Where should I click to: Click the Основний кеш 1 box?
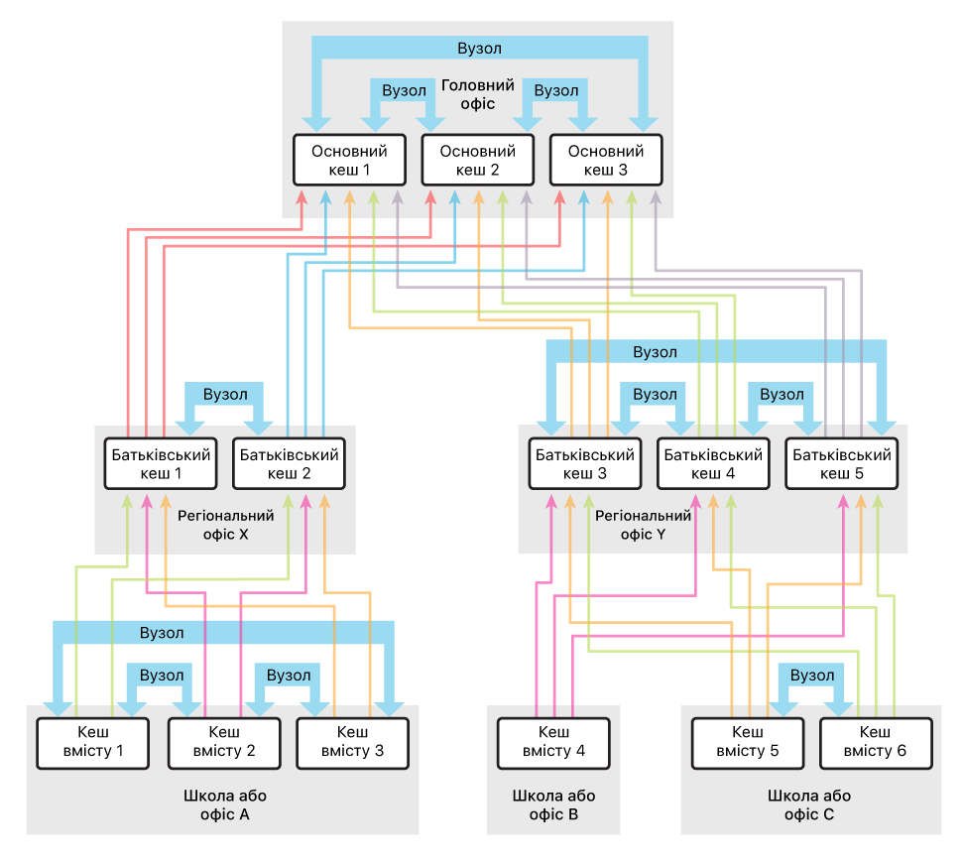(349, 161)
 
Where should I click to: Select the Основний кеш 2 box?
(477, 161)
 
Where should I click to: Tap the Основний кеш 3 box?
(605, 161)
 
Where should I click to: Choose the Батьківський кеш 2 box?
(289, 464)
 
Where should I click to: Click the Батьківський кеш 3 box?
(584, 464)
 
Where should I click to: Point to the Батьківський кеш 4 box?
(713, 464)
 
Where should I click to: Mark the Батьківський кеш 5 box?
(841, 464)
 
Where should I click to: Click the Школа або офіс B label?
(553, 805)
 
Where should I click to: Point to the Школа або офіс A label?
(224, 805)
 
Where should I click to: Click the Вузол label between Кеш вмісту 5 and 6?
(812, 676)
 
